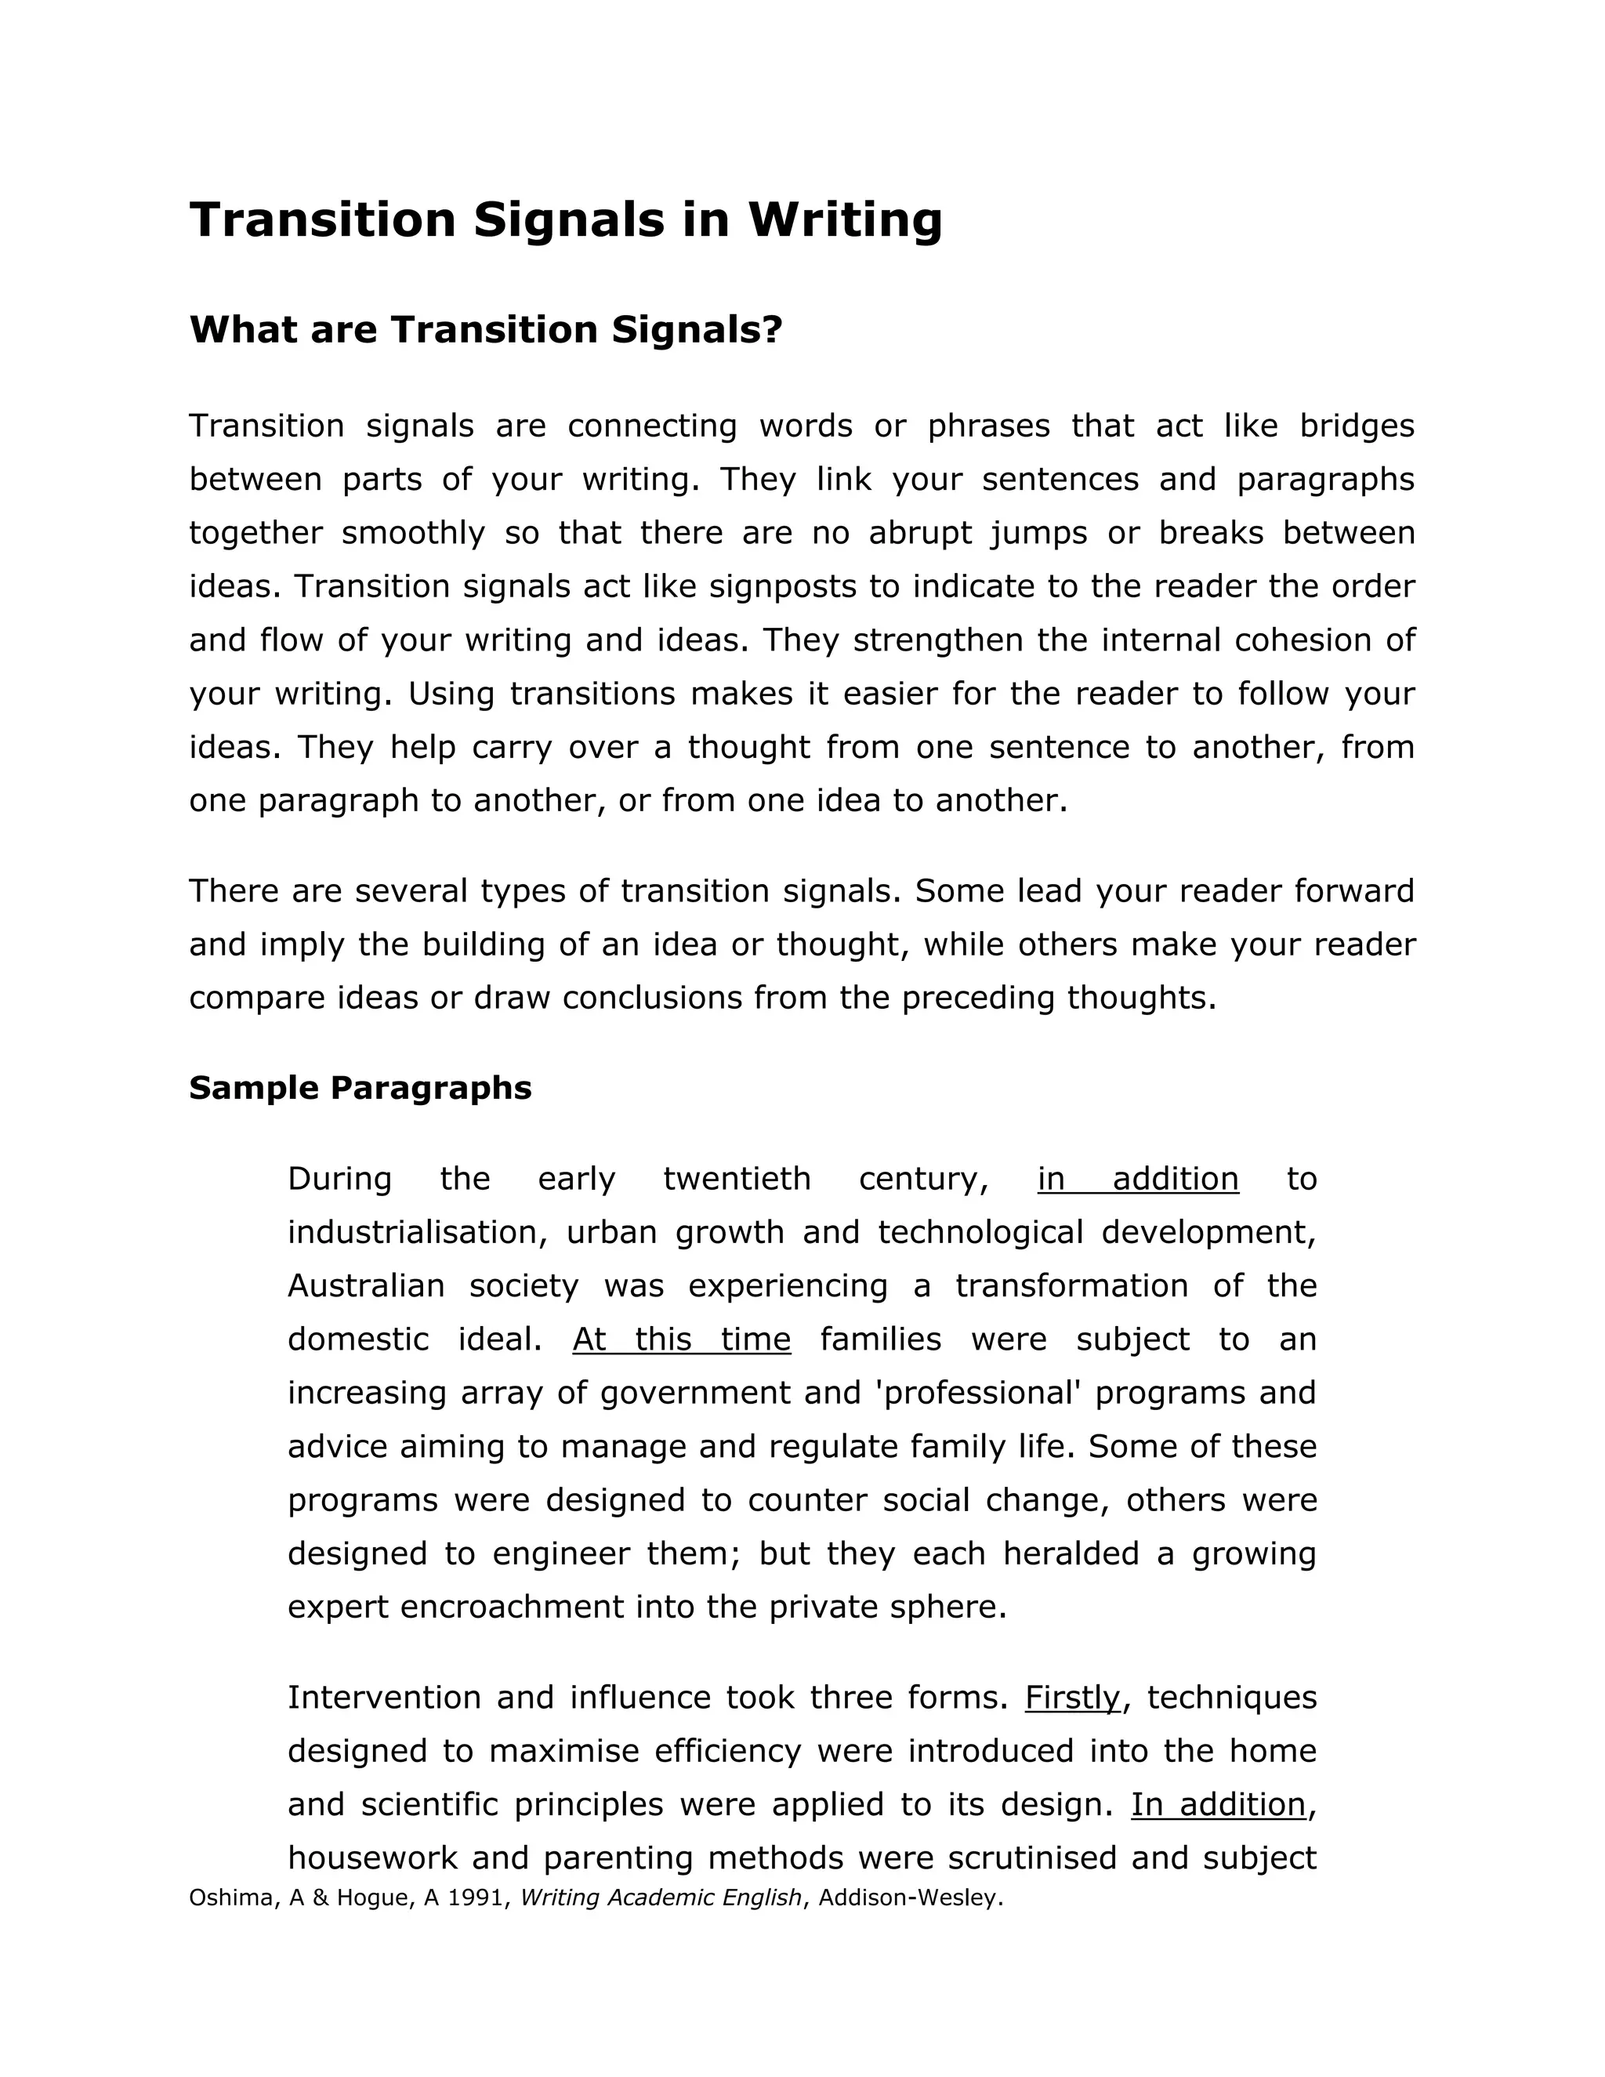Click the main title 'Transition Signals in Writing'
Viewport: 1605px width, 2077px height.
tap(566, 219)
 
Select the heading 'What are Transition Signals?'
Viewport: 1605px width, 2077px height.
tap(485, 330)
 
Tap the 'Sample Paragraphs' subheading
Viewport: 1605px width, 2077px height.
tap(360, 1087)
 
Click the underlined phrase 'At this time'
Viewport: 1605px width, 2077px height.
tap(681, 1339)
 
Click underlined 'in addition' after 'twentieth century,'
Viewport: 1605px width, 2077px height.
tap(1137, 1178)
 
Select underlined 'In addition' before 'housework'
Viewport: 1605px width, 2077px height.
tap(1217, 1804)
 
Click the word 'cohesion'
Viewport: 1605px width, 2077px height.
tap(1302, 640)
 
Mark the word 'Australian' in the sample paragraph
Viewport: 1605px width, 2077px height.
tap(366, 1285)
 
